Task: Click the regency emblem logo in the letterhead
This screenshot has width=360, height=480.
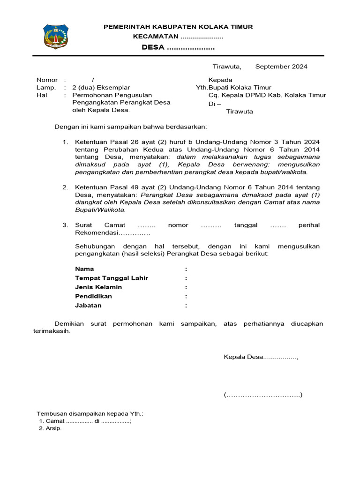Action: pyautogui.click(x=56, y=36)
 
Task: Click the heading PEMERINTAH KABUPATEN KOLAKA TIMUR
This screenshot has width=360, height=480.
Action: pyautogui.click(x=178, y=27)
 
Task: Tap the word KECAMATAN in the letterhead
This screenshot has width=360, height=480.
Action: pyautogui.click(x=156, y=37)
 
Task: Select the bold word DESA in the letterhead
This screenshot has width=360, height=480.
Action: pyautogui.click(x=153, y=47)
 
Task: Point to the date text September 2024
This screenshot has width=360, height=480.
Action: pyautogui.click(x=281, y=67)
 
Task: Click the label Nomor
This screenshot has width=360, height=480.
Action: pyautogui.click(x=47, y=80)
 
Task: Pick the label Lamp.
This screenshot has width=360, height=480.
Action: pyautogui.click(x=46, y=88)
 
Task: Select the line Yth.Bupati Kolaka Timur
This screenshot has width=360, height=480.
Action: pyautogui.click(x=233, y=88)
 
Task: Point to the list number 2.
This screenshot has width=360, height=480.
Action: pyautogui.click(x=66, y=187)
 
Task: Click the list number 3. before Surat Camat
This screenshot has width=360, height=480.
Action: pyautogui.click(x=66, y=225)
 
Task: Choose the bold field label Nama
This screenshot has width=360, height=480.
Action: pyautogui.click(x=84, y=269)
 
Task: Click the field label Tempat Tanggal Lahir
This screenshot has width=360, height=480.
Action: pyautogui.click(x=112, y=278)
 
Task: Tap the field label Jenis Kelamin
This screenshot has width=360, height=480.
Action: pyautogui.click(x=98, y=287)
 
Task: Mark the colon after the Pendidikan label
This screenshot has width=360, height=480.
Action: pyautogui.click(x=186, y=297)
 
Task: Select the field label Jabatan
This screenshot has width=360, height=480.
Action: pyautogui.click(x=88, y=306)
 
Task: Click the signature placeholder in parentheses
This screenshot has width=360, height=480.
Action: pyautogui.click(x=263, y=395)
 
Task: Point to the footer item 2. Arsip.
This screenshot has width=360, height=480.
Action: pyautogui.click(x=50, y=428)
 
